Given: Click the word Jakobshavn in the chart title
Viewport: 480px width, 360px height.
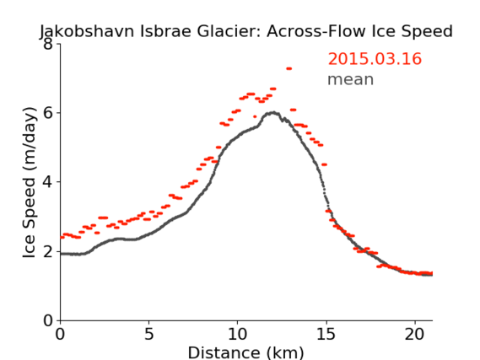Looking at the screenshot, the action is [x=87, y=32].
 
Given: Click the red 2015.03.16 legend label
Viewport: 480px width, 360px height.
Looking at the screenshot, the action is [x=375, y=59].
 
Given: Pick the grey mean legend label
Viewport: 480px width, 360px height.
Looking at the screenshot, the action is [x=351, y=79].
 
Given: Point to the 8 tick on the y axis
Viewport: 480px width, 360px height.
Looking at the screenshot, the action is [x=48, y=44].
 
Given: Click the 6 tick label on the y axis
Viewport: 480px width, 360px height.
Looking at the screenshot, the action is [x=48, y=113].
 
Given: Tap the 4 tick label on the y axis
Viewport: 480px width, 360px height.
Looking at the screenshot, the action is [x=48, y=182].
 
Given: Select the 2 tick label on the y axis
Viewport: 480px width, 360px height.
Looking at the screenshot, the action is [x=48, y=251].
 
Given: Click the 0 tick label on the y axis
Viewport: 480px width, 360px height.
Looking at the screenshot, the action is [x=48, y=320].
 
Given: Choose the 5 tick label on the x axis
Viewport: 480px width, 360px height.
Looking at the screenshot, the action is [x=148, y=335].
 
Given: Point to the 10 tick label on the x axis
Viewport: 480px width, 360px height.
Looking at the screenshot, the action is [x=237, y=335].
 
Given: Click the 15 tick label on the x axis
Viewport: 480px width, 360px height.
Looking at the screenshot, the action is [x=326, y=335].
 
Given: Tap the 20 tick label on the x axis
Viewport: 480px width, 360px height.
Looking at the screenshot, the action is [x=414, y=335].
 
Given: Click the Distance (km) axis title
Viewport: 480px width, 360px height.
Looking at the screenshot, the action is [x=245, y=352].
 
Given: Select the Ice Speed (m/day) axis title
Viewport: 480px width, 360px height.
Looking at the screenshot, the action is [x=30, y=183].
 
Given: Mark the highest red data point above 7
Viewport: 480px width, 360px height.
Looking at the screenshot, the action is [x=289, y=68].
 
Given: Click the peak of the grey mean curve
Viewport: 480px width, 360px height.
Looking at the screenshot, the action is [x=273, y=113].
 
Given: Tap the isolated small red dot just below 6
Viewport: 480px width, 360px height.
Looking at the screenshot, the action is [x=255, y=116].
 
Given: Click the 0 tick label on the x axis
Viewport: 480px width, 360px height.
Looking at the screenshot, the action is [x=60, y=335].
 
